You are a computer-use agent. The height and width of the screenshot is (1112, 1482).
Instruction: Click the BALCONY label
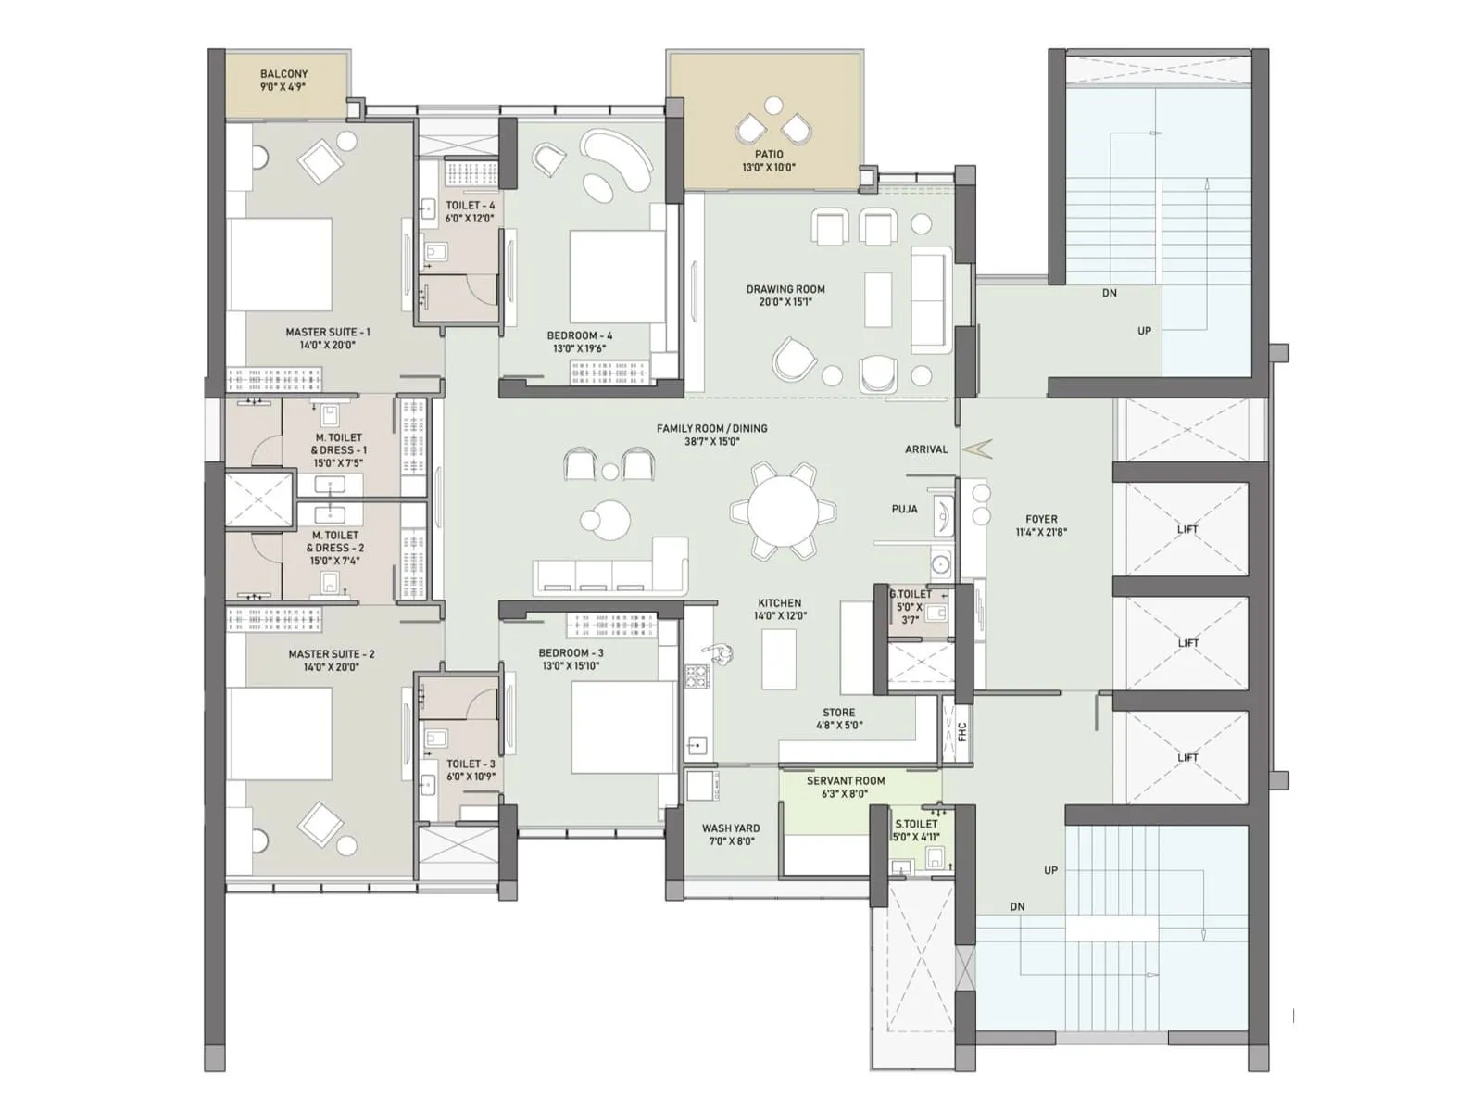[x=283, y=74]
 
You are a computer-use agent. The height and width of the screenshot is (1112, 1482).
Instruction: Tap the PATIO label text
[x=768, y=155]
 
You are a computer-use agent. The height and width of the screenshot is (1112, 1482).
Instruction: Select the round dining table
[x=784, y=512]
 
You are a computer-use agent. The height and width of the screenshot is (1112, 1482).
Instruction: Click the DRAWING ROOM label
[x=785, y=289]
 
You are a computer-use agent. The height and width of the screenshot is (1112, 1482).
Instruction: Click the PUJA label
[x=904, y=509]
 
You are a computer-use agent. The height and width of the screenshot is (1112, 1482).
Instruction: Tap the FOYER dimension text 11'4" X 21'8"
[x=1041, y=533]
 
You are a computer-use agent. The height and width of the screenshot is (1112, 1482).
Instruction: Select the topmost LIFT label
[x=1187, y=529]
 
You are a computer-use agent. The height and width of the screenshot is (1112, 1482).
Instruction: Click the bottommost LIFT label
[x=1187, y=757]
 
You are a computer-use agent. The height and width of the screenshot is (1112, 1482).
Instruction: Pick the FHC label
[x=961, y=731]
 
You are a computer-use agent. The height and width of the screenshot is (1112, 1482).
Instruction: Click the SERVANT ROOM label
[x=845, y=781]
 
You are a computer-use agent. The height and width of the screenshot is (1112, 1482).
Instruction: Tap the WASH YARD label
[x=730, y=828]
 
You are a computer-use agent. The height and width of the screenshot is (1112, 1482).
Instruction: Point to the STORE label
[x=838, y=713]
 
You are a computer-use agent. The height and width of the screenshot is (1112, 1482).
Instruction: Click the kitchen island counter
[x=778, y=659]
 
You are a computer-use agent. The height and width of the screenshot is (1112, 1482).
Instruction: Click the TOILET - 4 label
[x=470, y=206]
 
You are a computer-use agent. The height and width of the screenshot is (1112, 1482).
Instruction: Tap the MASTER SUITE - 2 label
[x=331, y=654]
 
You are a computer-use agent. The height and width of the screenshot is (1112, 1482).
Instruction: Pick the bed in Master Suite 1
[x=280, y=264]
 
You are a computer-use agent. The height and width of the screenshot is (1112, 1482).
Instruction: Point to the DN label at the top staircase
[x=1109, y=293]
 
